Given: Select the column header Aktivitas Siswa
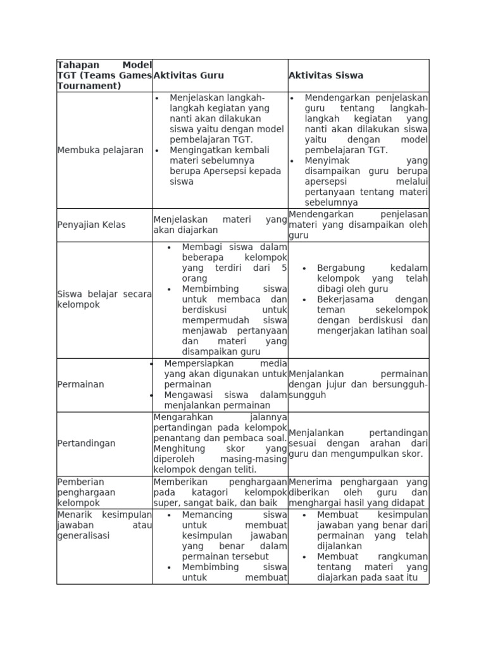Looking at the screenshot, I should click(x=326, y=75).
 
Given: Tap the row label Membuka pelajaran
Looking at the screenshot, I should click(x=101, y=151).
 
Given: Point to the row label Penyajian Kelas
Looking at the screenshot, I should click(x=91, y=225).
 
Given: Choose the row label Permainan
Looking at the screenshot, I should click(x=80, y=385).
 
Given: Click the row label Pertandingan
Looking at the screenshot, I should click(x=87, y=444).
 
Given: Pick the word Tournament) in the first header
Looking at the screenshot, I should click(x=89, y=86).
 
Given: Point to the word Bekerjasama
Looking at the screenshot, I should click(x=346, y=299).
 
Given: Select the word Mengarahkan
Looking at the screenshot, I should click(x=184, y=418).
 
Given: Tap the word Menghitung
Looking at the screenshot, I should click(x=178, y=449).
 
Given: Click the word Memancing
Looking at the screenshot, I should click(x=207, y=515).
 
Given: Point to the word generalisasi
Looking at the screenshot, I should click(x=83, y=535).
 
